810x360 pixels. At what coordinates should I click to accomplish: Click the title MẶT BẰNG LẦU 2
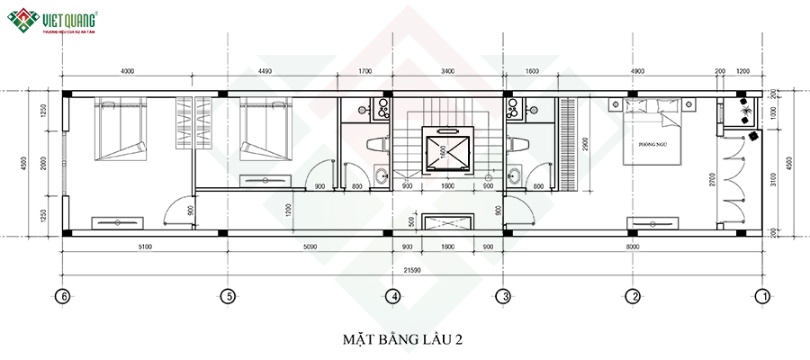tap(402, 339)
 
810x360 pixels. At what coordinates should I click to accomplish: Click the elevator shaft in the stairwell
tap(446, 151)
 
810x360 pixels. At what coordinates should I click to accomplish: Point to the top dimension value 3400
tap(447, 70)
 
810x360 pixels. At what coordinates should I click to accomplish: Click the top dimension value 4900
tap(637, 70)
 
